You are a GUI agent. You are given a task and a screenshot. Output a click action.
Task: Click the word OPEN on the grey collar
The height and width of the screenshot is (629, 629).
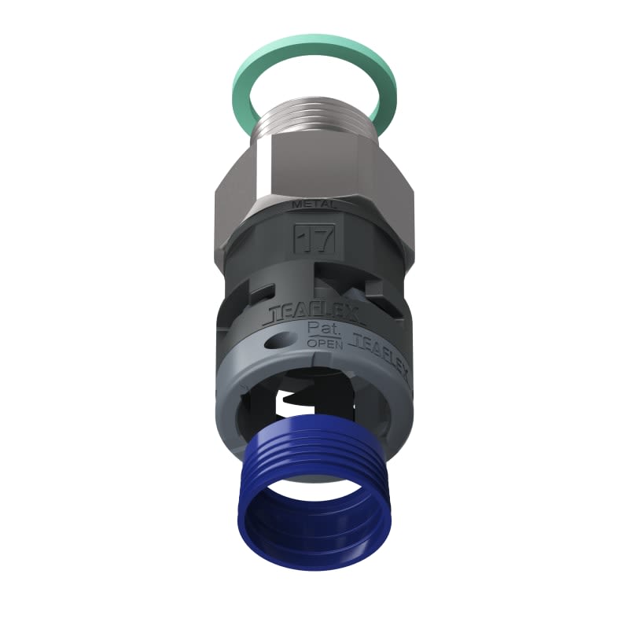click(324, 343)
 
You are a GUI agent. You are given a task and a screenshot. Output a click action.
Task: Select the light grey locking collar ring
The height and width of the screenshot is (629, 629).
click(236, 393)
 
